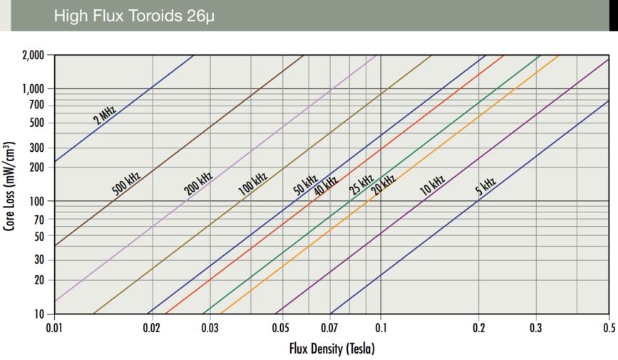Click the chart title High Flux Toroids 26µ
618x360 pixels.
click(133, 16)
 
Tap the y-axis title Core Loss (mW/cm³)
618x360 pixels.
click(10, 184)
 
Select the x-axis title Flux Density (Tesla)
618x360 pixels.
click(331, 349)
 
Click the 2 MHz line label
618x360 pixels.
click(105, 114)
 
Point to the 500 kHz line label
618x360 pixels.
click(127, 182)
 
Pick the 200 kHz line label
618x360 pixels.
click(199, 183)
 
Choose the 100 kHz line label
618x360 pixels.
click(252, 183)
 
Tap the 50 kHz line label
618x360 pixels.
click(306, 185)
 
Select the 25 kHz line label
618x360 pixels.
click(361, 185)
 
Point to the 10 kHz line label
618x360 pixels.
click(432, 185)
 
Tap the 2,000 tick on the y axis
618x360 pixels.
click(32, 55)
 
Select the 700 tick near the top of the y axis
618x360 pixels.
click(37, 106)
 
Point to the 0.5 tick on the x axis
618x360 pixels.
click(608, 329)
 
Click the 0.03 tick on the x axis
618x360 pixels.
click(210, 329)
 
